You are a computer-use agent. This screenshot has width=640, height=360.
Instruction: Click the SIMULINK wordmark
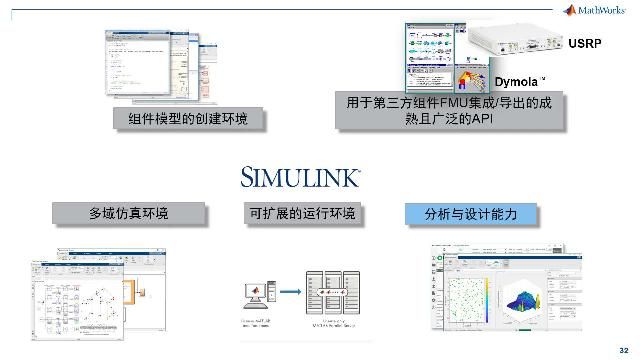coord(301,177)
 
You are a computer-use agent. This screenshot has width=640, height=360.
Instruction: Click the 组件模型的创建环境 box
coord(187,119)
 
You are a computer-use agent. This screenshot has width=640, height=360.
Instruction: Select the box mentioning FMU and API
coord(448,111)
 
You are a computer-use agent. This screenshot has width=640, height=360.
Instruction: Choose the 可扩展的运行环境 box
coord(300,213)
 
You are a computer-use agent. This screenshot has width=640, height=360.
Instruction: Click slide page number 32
coord(625,348)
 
